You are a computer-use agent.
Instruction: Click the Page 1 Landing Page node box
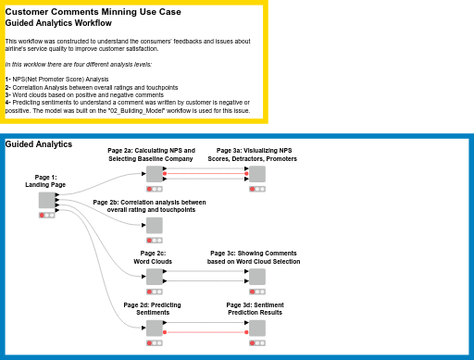pyautogui.click(x=46, y=201)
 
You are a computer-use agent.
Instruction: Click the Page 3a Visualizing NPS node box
pyautogui.click(x=256, y=174)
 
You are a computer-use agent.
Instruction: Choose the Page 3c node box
pyautogui.click(x=256, y=276)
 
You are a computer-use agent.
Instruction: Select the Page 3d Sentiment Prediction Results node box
pyautogui.click(x=256, y=328)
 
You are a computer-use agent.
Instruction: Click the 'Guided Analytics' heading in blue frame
pyautogui.click(x=39, y=144)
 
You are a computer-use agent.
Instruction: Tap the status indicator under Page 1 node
pyautogui.click(x=46, y=215)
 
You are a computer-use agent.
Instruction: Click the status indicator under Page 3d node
pyautogui.click(x=256, y=341)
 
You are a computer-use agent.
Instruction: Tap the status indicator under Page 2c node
pyautogui.click(x=154, y=291)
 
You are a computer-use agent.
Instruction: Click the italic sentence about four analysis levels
pyautogui.click(x=78, y=64)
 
